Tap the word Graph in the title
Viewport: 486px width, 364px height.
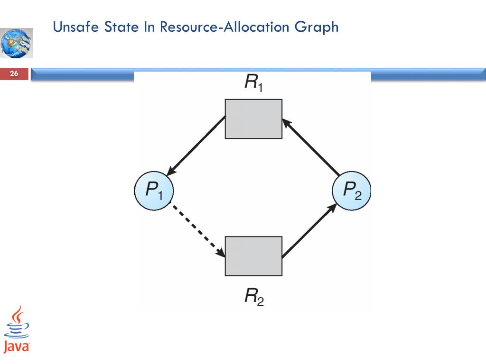[317, 27]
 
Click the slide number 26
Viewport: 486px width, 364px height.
[14, 73]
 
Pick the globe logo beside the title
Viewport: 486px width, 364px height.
[17, 43]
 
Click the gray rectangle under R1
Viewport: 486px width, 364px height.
[253, 119]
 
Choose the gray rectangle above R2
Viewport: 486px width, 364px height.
[253, 255]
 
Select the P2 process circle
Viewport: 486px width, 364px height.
[351, 191]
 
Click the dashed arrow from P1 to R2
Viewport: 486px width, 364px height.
[197, 229]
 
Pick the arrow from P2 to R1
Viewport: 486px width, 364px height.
[311, 147]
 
